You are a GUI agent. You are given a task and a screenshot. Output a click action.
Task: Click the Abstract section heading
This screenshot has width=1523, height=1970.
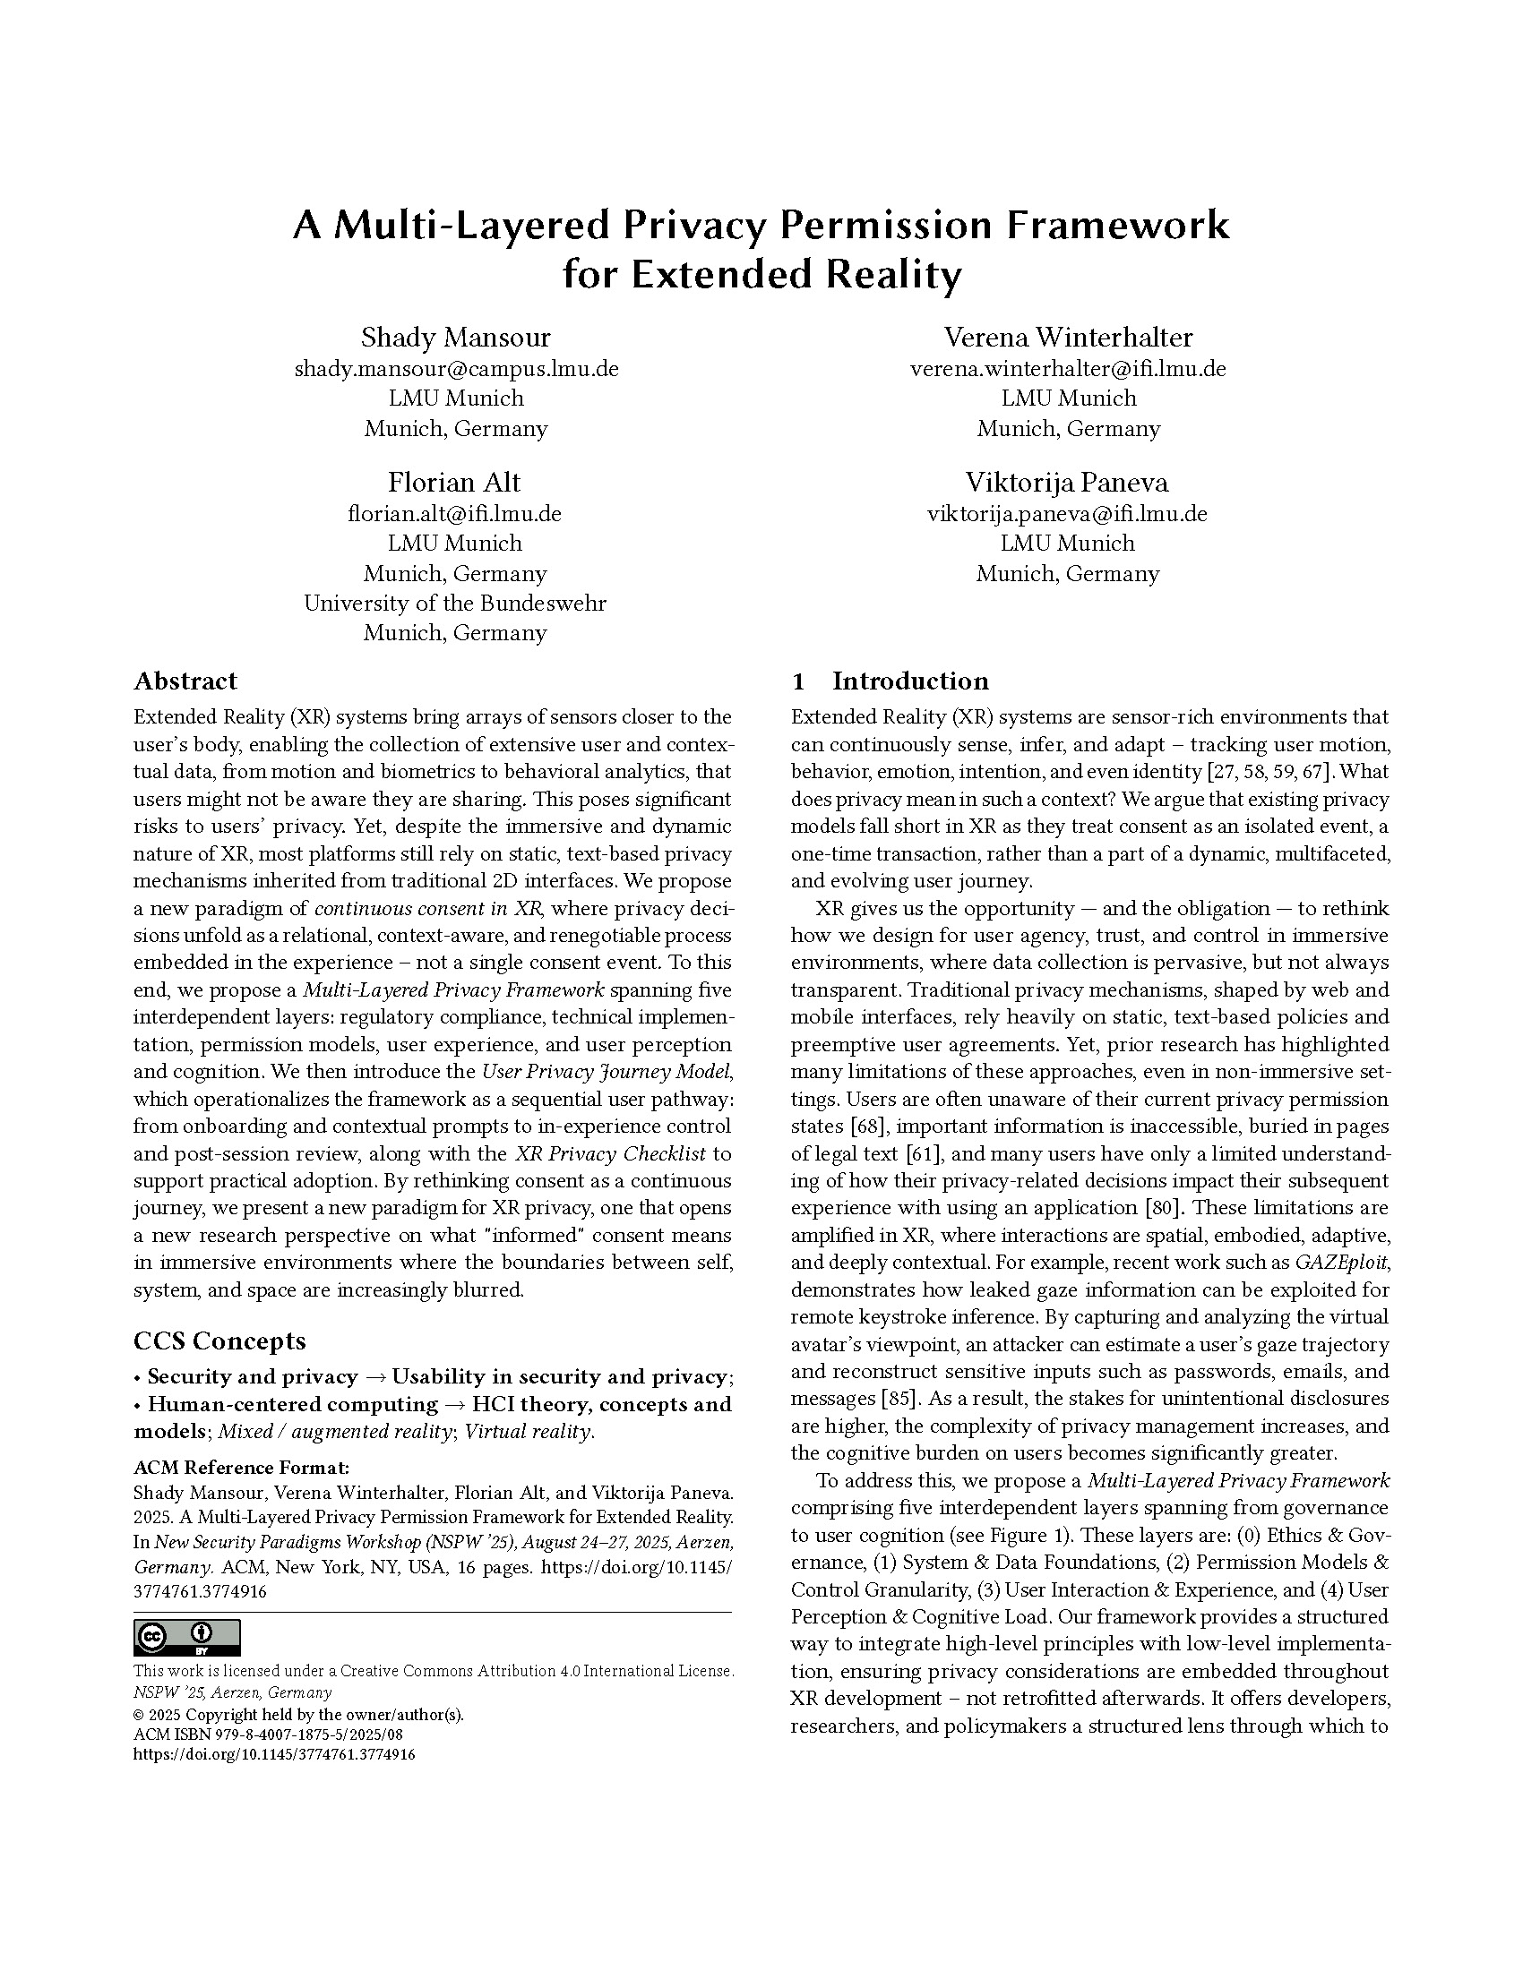point(185,681)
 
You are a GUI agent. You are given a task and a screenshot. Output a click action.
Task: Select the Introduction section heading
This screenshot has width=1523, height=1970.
point(909,681)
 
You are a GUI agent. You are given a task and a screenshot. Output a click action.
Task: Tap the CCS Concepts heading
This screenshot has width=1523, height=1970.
point(219,1340)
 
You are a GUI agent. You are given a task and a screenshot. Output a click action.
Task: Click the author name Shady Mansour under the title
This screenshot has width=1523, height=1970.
point(456,338)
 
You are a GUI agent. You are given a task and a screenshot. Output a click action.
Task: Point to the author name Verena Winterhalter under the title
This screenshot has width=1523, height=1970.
point(1068,338)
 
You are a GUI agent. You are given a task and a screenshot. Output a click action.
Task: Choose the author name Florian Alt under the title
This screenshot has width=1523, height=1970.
point(455,483)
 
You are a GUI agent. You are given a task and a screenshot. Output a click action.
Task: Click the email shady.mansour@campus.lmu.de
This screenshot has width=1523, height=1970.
point(457,369)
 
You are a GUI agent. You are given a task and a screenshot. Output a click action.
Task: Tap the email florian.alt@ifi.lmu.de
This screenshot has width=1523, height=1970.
point(455,514)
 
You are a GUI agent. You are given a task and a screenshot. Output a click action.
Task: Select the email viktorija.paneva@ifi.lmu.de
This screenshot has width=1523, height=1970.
point(1067,514)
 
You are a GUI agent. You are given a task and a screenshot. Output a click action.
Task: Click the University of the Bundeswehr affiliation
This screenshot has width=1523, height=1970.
point(455,603)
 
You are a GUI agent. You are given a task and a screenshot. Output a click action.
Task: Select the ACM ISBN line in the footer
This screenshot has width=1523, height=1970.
point(268,1734)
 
